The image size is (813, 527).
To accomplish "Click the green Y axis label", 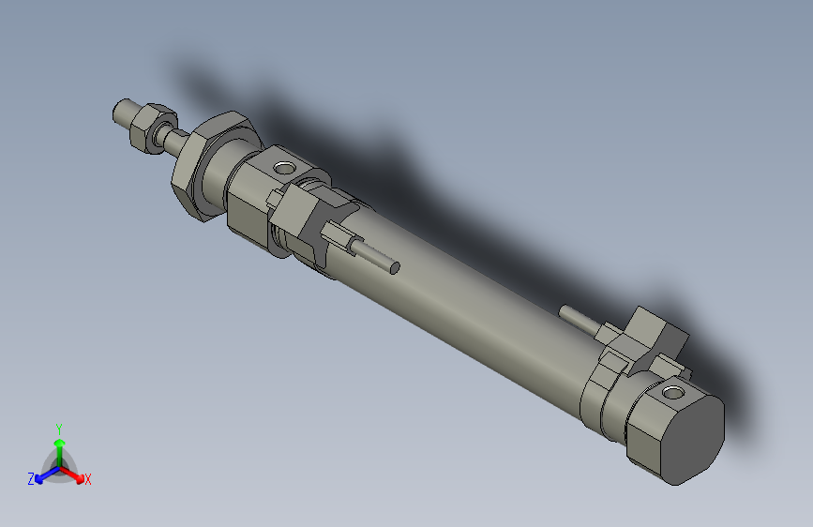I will (x=58, y=428).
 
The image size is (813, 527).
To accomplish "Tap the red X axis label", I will (x=88, y=480).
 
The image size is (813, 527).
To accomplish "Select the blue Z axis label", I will (x=31, y=479).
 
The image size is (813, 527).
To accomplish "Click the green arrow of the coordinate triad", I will (x=59, y=445).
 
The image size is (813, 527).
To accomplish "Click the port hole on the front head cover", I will (x=283, y=169).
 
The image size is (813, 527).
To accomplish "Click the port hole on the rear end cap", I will (x=673, y=391).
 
